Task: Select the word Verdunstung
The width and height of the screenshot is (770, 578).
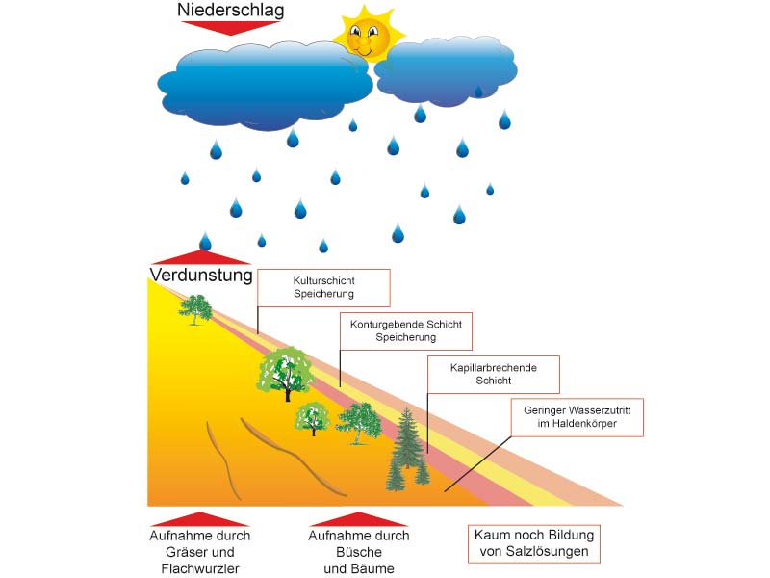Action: [x=200, y=276]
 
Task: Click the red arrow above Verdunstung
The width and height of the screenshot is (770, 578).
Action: [x=200, y=256]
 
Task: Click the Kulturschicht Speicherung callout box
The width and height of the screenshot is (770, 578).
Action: [x=323, y=287]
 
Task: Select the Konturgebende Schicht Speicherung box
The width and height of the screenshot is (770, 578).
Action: [x=406, y=331]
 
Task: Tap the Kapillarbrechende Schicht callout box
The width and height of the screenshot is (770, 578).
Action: [x=494, y=374]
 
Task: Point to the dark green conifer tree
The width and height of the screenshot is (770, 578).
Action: [x=407, y=449]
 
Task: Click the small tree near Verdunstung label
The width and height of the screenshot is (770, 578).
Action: [x=196, y=308]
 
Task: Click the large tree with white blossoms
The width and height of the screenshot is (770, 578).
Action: [x=285, y=372]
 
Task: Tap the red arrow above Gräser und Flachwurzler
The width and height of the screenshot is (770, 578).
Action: [x=200, y=518]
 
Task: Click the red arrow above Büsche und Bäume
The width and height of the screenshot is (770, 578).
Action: [x=358, y=518]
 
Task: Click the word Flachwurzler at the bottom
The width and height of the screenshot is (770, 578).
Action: [x=200, y=569]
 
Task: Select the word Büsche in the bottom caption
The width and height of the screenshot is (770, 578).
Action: [x=358, y=553]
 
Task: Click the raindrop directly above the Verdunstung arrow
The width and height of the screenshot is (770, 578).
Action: [x=205, y=241]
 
